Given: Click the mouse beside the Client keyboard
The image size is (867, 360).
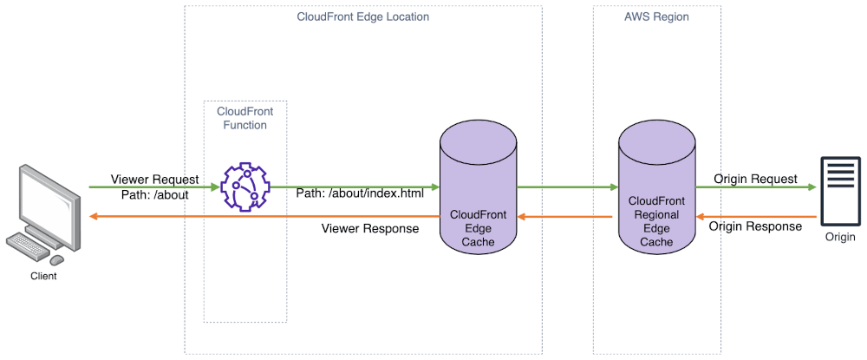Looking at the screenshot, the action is [57, 260].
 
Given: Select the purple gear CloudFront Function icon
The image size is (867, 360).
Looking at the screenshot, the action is [245, 187].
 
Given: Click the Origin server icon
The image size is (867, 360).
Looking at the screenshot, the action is [840, 191].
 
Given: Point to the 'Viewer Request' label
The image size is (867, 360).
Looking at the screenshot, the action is [154, 180].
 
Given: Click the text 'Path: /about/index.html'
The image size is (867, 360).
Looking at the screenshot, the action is [360, 194].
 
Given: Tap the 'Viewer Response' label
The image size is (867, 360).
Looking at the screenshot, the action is [370, 228].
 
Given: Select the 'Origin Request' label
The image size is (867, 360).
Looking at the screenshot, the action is [755, 179].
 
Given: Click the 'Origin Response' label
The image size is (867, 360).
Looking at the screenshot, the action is [755, 226].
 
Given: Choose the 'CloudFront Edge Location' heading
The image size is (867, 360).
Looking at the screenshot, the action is [362, 16].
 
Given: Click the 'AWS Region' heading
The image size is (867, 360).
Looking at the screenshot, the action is [657, 16].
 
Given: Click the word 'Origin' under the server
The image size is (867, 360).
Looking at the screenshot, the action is [840, 237].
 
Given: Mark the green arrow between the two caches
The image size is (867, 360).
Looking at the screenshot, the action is [567, 187].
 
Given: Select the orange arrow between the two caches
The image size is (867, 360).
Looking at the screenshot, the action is [564, 217].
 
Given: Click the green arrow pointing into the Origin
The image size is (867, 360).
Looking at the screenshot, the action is [756, 187].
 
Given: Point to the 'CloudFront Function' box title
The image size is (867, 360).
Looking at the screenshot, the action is [245, 118].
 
